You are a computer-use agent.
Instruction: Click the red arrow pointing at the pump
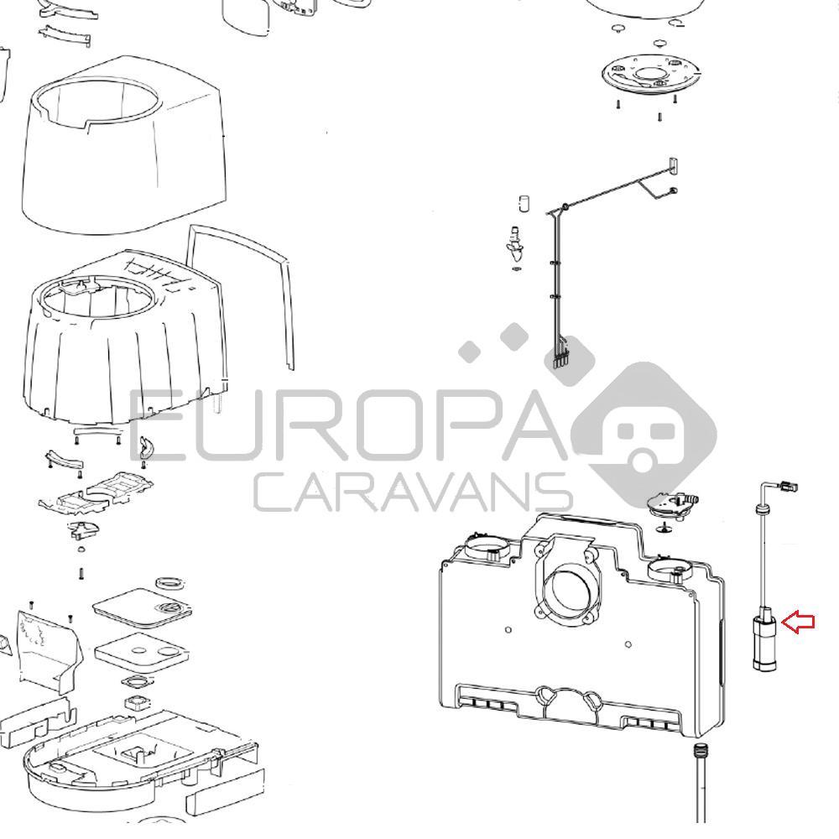click(799, 622)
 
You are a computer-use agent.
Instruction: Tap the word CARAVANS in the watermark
click(412, 492)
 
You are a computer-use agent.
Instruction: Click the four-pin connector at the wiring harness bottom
click(558, 359)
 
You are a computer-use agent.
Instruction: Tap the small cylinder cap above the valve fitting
click(524, 204)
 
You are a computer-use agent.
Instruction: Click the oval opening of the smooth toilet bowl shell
click(97, 104)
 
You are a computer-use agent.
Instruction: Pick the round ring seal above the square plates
click(169, 583)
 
